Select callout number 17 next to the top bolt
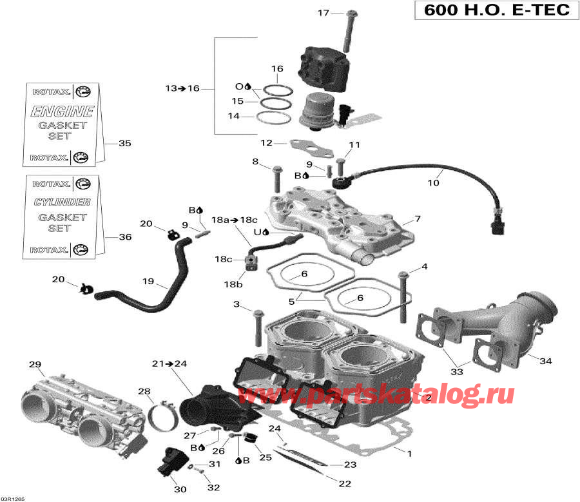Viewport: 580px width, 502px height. point(323,13)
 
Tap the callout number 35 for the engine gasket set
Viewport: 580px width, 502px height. point(124,143)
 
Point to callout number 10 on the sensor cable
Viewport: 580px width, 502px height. point(434,183)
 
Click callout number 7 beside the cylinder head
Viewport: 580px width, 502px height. point(417,218)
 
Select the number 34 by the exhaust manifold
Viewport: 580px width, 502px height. point(545,362)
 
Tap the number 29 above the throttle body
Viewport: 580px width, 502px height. point(34,365)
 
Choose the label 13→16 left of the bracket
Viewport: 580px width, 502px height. point(182,88)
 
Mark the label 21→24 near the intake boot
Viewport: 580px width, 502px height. point(169,363)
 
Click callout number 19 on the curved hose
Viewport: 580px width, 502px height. point(148,281)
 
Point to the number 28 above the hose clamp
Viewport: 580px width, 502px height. point(144,392)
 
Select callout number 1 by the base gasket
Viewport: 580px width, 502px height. point(408,453)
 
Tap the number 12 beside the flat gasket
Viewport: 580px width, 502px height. point(267,143)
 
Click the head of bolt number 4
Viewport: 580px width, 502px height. point(404,275)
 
